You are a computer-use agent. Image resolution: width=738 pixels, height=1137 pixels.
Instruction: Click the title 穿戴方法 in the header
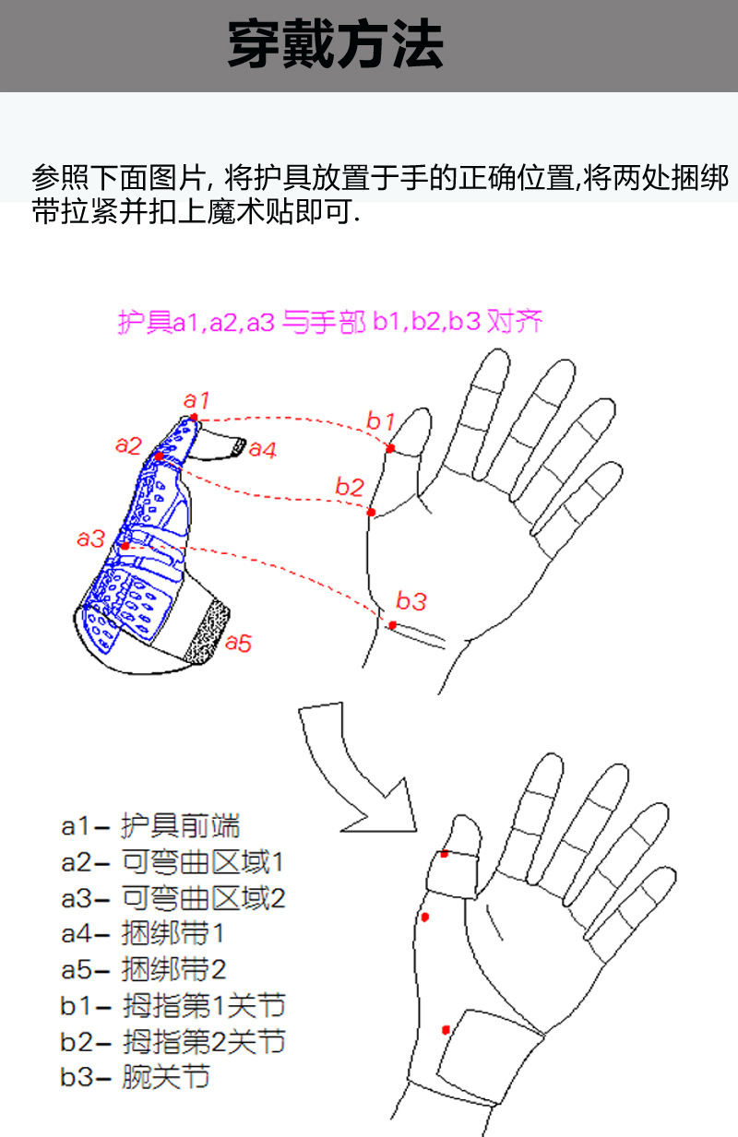click(x=335, y=45)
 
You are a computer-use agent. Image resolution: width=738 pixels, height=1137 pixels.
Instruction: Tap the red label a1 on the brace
click(x=196, y=400)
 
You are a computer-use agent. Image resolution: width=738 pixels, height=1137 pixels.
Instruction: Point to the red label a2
click(x=128, y=444)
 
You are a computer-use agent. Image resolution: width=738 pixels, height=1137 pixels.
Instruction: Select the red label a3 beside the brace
click(x=90, y=539)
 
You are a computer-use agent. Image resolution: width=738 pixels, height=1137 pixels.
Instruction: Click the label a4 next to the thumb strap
click(x=263, y=450)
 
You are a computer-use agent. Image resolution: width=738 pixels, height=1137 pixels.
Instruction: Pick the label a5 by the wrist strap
click(x=238, y=643)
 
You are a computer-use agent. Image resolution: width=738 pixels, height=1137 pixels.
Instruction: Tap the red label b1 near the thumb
click(x=380, y=420)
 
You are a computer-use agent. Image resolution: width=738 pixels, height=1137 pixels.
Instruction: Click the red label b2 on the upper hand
click(x=350, y=486)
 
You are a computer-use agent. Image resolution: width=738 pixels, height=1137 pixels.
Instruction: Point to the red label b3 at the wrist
click(x=411, y=601)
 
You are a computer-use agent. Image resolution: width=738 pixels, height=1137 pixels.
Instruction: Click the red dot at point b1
click(x=391, y=448)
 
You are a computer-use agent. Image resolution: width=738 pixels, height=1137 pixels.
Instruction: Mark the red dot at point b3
click(x=392, y=625)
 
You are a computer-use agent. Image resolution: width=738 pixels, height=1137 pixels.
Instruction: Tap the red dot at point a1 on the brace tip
click(x=194, y=418)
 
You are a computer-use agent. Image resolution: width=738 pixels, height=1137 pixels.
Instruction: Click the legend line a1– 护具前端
click(x=150, y=826)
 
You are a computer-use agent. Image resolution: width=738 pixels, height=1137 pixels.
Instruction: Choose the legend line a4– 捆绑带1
click(x=143, y=933)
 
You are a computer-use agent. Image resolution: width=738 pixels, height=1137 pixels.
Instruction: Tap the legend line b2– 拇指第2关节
click(x=173, y=1041)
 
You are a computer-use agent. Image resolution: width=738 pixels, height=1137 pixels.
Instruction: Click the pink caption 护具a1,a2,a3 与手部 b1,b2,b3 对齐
click(x=329, y=322)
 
